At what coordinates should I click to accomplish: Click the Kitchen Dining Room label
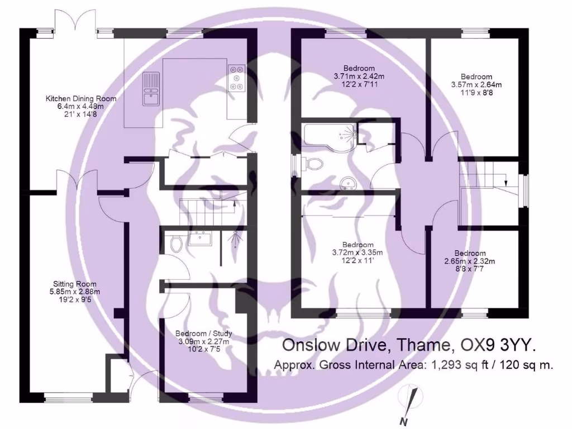pos(81,99)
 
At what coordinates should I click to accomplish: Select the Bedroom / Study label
pos(204,333)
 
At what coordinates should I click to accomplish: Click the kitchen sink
pos(151,89)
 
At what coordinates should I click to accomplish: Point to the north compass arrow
pos(411,402)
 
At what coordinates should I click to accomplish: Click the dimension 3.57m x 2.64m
pos(476,85)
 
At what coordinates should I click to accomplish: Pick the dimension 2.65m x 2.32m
pos(470,261)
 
